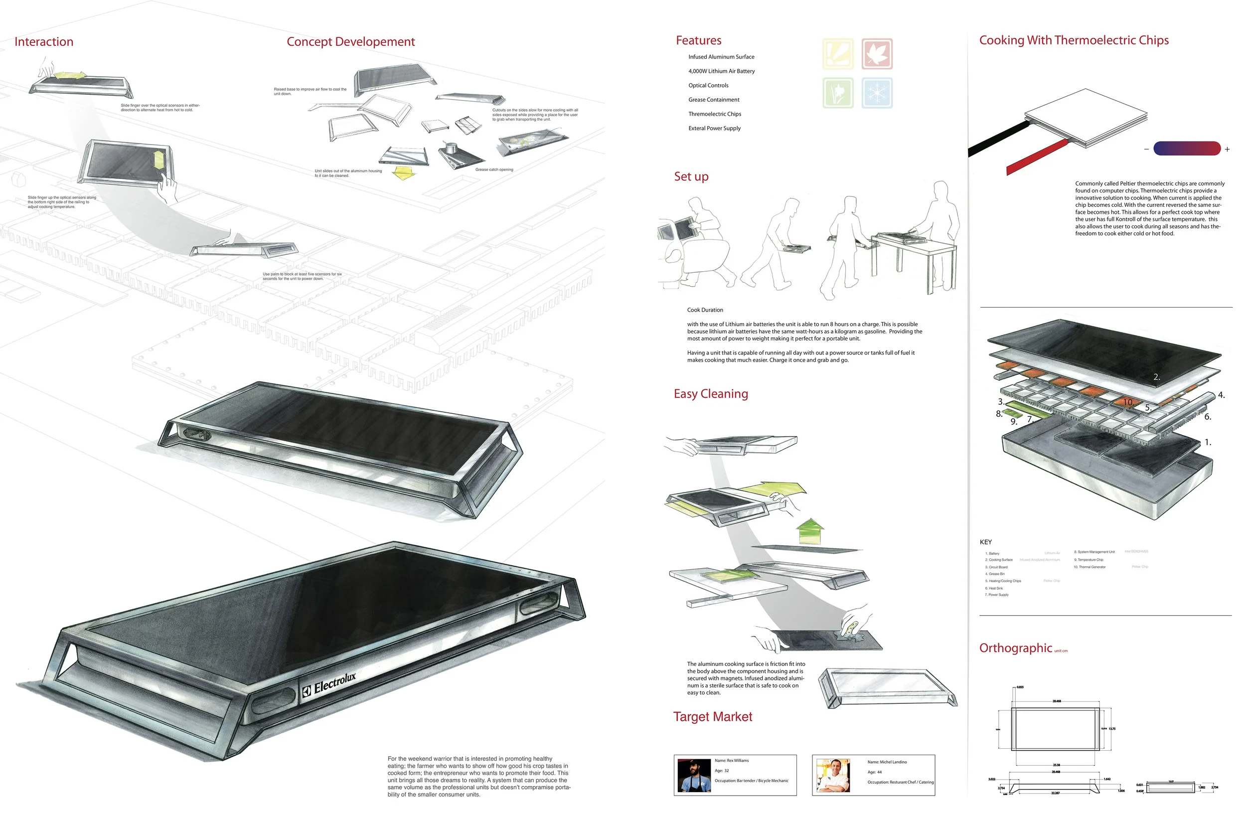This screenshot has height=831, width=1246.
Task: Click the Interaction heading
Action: point(44,42)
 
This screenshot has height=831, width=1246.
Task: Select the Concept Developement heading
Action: point(350,42)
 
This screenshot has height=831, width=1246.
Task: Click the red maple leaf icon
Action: point(877,53)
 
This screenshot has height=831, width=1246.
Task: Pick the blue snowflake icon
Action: point(877,93)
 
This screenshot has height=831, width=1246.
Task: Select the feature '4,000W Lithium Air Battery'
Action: point(721,71)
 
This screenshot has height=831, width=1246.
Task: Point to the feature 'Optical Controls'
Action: point(708,85)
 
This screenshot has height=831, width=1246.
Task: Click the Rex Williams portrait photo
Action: point(694,775)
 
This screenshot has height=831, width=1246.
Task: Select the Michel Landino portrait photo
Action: point(833,775)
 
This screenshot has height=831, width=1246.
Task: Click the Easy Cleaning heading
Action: point(710,394)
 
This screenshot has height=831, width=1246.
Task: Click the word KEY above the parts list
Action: point(985,542)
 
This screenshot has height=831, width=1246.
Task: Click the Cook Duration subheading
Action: point(705,310)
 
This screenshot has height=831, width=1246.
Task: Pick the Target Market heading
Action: point(713,716)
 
